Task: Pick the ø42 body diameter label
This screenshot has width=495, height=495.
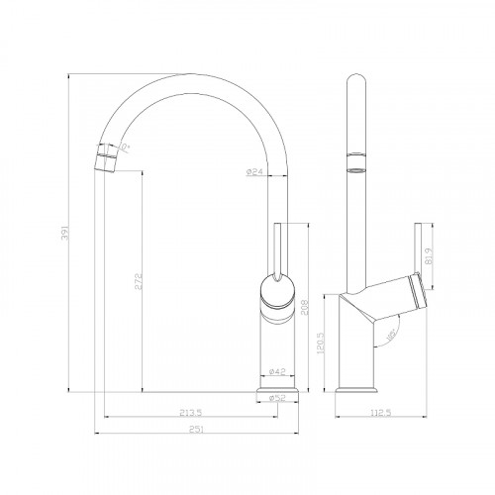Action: pos(277,373)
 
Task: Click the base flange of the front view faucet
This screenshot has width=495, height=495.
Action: pos(277,394)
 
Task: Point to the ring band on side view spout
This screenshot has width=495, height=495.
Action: pos(355,162)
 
